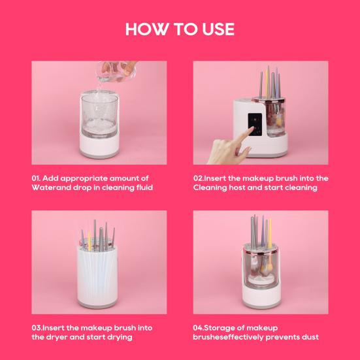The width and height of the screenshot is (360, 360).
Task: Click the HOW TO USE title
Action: coord(180,29)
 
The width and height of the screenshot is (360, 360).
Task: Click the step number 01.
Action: coord(37,178)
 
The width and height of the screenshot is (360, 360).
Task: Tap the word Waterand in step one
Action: coord(53,188)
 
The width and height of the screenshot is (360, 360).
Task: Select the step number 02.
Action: coord(199,178)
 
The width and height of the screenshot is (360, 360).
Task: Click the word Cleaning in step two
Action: coord(211,188)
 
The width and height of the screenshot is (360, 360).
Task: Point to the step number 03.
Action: coord(38,327)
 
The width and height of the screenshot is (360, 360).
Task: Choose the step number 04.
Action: coord(200,327)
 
